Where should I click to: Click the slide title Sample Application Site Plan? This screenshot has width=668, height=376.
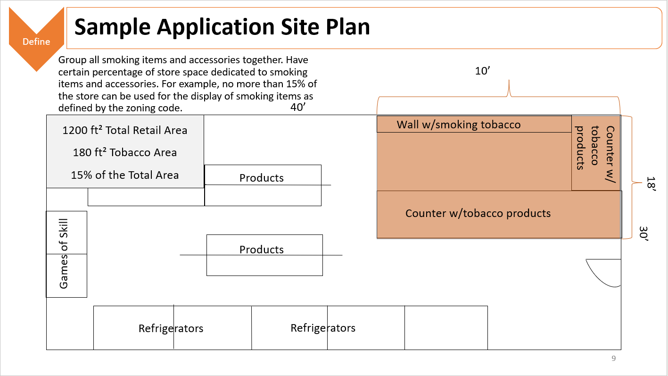222,27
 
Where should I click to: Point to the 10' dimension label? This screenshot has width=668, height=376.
482,71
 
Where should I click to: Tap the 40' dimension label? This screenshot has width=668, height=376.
298,107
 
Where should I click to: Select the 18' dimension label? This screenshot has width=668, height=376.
651,184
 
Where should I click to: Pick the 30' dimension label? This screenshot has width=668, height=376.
643,234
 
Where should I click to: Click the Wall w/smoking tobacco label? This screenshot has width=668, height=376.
458,125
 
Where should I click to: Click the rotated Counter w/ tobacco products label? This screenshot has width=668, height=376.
594,154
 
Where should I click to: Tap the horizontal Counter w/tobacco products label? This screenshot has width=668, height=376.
478,213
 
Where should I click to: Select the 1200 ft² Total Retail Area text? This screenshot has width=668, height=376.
124,130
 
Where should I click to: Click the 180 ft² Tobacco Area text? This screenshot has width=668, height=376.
124,152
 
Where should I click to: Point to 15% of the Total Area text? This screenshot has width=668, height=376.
124,175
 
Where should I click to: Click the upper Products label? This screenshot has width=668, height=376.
261,178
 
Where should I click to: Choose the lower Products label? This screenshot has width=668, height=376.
261,250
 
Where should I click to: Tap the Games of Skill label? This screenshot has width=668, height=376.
64,254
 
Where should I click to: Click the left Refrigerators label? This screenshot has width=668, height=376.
171,328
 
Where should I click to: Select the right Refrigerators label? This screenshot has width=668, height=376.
323,328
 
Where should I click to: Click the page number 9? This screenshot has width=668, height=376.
613,358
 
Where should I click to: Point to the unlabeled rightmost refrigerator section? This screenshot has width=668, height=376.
446,328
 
